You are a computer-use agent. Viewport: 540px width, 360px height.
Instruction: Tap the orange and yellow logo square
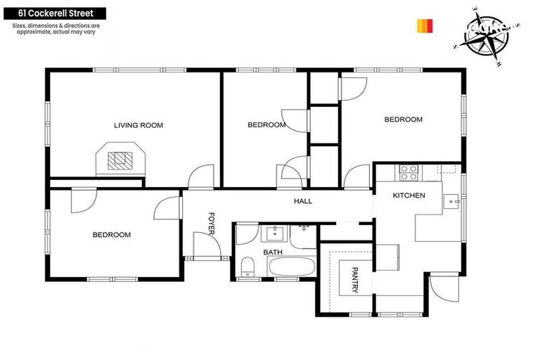pos(425,26)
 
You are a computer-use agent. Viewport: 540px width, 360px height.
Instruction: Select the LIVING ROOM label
pos(139,125)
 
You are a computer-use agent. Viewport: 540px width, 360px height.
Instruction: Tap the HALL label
pos(303,201)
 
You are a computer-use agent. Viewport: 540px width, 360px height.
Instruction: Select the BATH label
pos(273,252)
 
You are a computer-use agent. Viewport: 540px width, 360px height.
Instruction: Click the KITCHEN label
pos(409,195)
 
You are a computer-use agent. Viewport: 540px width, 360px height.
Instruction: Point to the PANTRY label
pos(355,279)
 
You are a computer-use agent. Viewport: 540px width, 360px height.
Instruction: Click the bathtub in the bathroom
pos(292,268)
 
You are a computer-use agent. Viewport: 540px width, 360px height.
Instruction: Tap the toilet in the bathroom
pos(247,266)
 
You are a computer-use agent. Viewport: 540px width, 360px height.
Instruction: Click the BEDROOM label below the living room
pos(112,235)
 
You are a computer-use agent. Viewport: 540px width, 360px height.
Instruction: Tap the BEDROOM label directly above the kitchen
pos(403,120)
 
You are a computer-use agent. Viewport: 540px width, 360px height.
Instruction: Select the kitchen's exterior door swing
pos(442,288)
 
